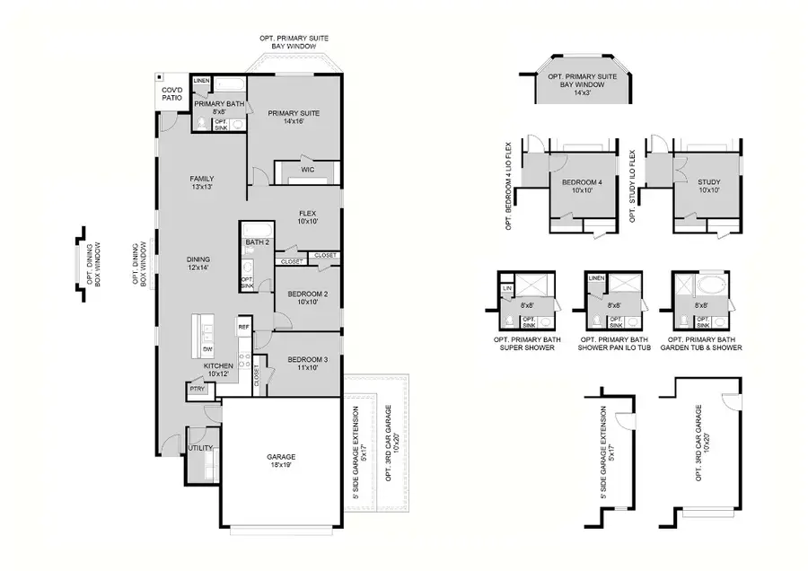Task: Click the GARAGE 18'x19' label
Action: pos(281,461)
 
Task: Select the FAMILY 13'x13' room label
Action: pos(201,182)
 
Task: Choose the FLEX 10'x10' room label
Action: pos(308,216)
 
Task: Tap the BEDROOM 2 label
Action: pos(308,298)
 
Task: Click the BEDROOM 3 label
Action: pos(308,364)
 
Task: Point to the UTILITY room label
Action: pos(200,446)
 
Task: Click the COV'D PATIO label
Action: pos(171,94)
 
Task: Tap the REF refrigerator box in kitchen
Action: pos(243,328)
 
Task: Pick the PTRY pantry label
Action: pos(197,389)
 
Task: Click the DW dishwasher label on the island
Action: pos(206,349)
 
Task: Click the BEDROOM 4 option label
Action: pos(578,186)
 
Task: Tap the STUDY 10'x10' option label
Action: pos(708,186)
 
